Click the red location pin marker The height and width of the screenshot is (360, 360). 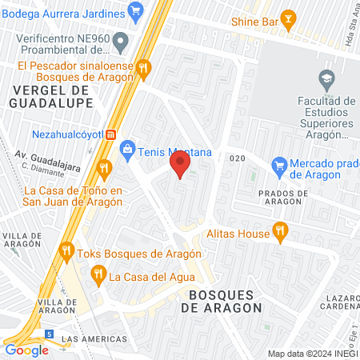coord(180,164)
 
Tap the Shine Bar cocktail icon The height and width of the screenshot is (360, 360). coord(289,22)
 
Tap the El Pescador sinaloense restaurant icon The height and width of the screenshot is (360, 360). coord(143,68)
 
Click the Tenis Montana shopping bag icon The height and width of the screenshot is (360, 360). coord(127,150)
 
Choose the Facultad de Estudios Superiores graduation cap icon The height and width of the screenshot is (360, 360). coord(326,78)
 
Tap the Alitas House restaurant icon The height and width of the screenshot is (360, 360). coord(279,233)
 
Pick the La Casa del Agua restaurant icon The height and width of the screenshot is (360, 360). coord(98,277)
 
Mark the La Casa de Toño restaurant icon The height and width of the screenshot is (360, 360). coord(103,168)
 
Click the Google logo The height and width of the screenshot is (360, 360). coord(26,350)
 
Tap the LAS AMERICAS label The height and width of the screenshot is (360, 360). coord(95,338)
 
